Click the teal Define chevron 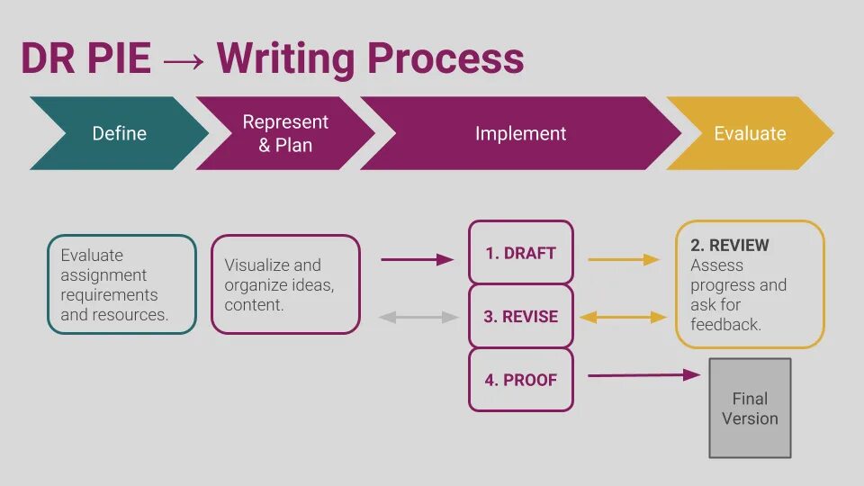pos(119,133)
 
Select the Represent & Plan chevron pos(285,133)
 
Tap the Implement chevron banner pos(520,133)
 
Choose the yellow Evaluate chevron pos(750,133)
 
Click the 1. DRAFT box pos(520,253)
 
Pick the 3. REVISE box pos(520,317)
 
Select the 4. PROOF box pos(520,380)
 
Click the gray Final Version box pos(750,408)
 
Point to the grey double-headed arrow pos(419,317)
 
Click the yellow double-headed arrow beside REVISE pos(623,317)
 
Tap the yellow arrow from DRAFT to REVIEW pos(623,259)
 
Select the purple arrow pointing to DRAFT pos(418,259)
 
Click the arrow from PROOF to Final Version pos(643,374)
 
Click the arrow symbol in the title pos(184,59)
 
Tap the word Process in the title pos(445,59)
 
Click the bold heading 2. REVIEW pos(730,245)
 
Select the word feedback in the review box pos(725,324)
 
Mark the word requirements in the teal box pos(109,295)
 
